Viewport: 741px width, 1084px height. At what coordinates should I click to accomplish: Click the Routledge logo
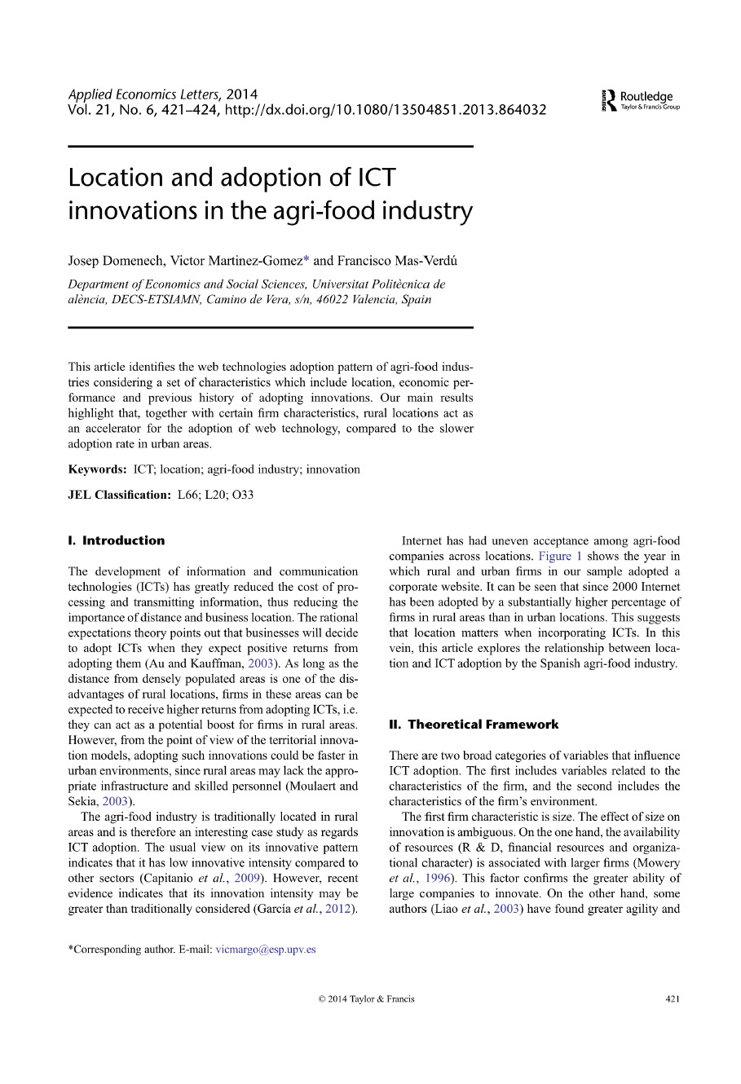(x=640, y=100)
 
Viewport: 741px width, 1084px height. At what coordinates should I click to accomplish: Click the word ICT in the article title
(x=376, y=177)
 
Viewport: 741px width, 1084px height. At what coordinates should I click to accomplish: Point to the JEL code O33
(x=243, y=495)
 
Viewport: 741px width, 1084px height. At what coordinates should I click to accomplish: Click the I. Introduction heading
(x=117, y=540)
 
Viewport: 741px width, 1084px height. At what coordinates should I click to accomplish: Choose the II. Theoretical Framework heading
(x=474, y=725)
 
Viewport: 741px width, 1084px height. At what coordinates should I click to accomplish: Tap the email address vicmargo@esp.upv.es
(x=266, y=950)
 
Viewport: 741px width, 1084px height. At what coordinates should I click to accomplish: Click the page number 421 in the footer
(x=672, y=998)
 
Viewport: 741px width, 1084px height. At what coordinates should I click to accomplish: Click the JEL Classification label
(x=119, y=495)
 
